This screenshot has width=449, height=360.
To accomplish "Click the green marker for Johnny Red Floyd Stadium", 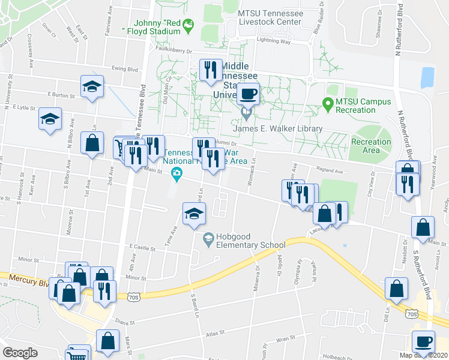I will (188, 25).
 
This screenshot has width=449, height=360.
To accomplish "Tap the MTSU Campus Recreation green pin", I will (328, 105).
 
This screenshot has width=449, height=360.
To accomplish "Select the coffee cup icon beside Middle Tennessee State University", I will (248, 94).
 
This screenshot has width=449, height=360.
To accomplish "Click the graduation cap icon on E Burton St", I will (92, 86).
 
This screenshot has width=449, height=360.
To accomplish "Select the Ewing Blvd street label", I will (124, 68).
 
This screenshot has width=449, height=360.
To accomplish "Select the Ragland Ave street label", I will (330, 171).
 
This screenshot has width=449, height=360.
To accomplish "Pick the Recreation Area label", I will (371, 146).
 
